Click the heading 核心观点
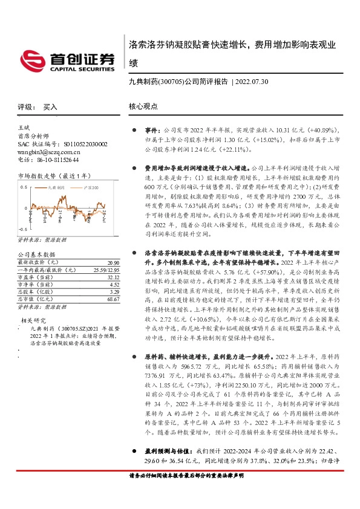pos(143,106)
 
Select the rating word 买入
pos(50,106)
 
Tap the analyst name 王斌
pos(24,129)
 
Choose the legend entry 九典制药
pos(56,188)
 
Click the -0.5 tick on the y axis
pos(22,230)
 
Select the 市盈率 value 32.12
pos(113,277)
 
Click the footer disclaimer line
pos(186,493)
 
